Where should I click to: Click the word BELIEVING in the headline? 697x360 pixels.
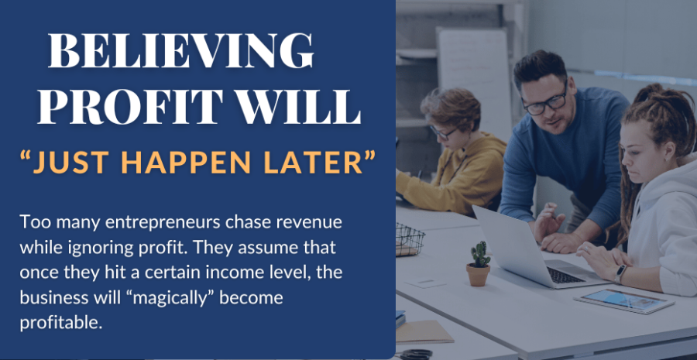pyautogui.click(x=181, y=50)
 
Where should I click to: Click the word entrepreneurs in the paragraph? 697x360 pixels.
pyautogui.click(x=163, y=223)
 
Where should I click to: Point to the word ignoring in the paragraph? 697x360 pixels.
pyautogui.click(x=101, y=249)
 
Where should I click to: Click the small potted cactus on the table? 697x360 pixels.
pyautogui.click(x=479, y=263)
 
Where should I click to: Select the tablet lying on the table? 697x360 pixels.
pyautogui.click(x=624, y=301)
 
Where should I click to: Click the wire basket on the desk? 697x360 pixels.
pyautogui.click(x=410, y=240)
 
